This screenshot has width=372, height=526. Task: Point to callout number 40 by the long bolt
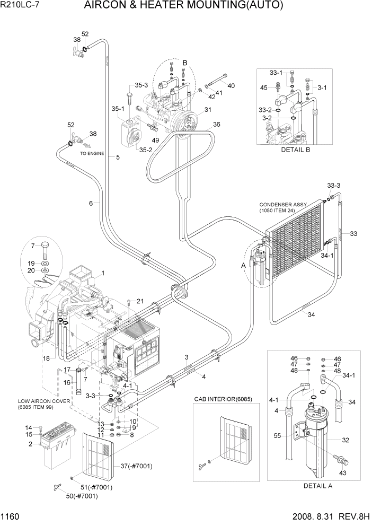click(231, 86)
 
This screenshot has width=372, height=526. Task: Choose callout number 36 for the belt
click(216, 125)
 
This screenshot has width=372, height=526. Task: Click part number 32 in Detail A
click(346, 440)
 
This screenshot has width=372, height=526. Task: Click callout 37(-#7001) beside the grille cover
click(136, 466)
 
